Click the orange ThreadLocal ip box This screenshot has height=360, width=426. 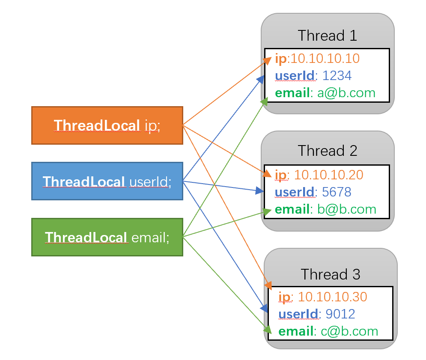click(x=107, y=125)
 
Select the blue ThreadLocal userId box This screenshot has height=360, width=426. click(x=107, y=181)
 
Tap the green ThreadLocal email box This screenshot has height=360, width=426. click(x=107, y=237)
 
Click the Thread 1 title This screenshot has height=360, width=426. click(x=327, y=35)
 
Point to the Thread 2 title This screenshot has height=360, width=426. click(x=327, y=151)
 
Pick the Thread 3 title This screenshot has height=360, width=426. click(x=330, y=274)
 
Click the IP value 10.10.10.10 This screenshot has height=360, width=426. click(x=325, y=59)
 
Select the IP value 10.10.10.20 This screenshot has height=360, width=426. click(x=329, y=175)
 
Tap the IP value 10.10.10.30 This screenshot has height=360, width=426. click(x=332, y=297)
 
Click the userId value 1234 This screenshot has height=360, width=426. click(x=337, y=76)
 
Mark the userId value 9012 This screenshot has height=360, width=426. click(x=340, y=314)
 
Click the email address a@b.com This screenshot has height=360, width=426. click(x=346, y=93)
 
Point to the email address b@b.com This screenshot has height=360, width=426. click(x=346, y=209)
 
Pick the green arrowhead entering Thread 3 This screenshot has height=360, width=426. click(x=268, y=330)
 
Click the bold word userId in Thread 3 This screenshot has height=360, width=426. click(x=299, y=314)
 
